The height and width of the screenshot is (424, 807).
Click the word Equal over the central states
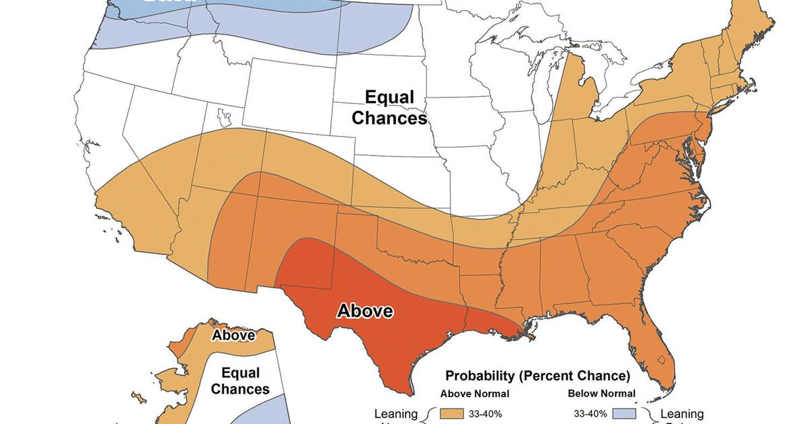389,98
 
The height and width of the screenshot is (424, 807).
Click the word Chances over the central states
389,118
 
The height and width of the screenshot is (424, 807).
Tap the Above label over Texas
364,311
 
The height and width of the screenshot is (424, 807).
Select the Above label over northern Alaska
233,335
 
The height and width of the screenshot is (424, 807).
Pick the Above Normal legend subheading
475,394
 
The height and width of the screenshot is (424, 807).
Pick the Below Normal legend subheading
602,394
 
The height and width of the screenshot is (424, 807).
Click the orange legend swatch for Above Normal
451,414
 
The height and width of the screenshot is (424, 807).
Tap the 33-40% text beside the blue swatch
590,414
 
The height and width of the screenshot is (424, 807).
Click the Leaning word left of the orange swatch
396,414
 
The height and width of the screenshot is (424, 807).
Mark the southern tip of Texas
409,389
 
